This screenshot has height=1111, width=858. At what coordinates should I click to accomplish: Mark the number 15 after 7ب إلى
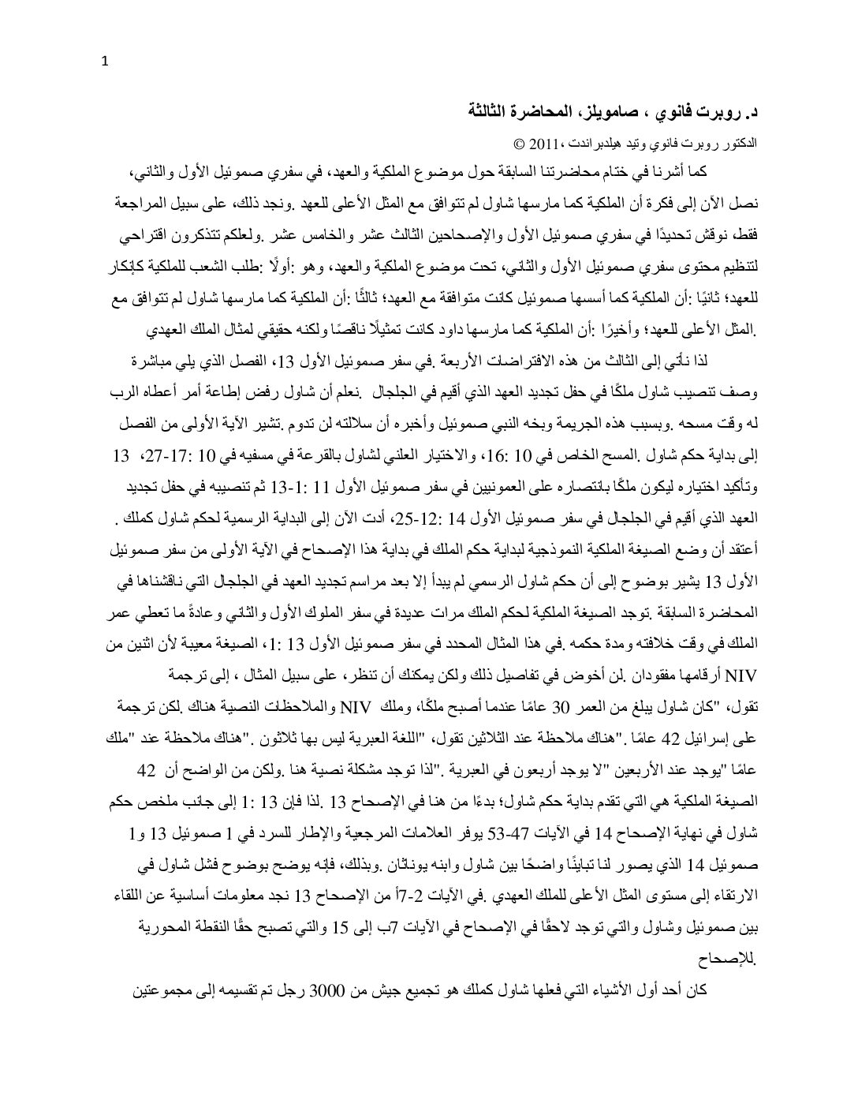pyautogui.click(x=339, y=928)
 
